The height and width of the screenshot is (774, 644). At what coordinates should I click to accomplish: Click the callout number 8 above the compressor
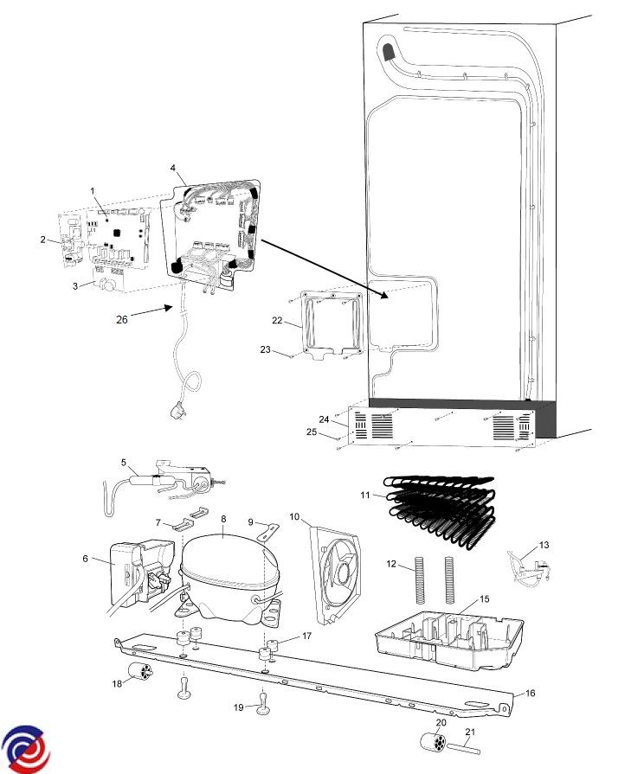click(223, 519)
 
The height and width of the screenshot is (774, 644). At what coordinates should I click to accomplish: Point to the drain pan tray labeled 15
click(450, 636)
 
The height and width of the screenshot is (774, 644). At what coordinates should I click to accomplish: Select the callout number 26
click(122, 318)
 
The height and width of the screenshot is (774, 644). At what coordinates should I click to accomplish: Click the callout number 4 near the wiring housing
click(173, 167)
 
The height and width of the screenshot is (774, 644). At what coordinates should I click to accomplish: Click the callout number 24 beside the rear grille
click(324, 419)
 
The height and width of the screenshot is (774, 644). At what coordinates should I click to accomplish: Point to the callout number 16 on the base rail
click(531, 693)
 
